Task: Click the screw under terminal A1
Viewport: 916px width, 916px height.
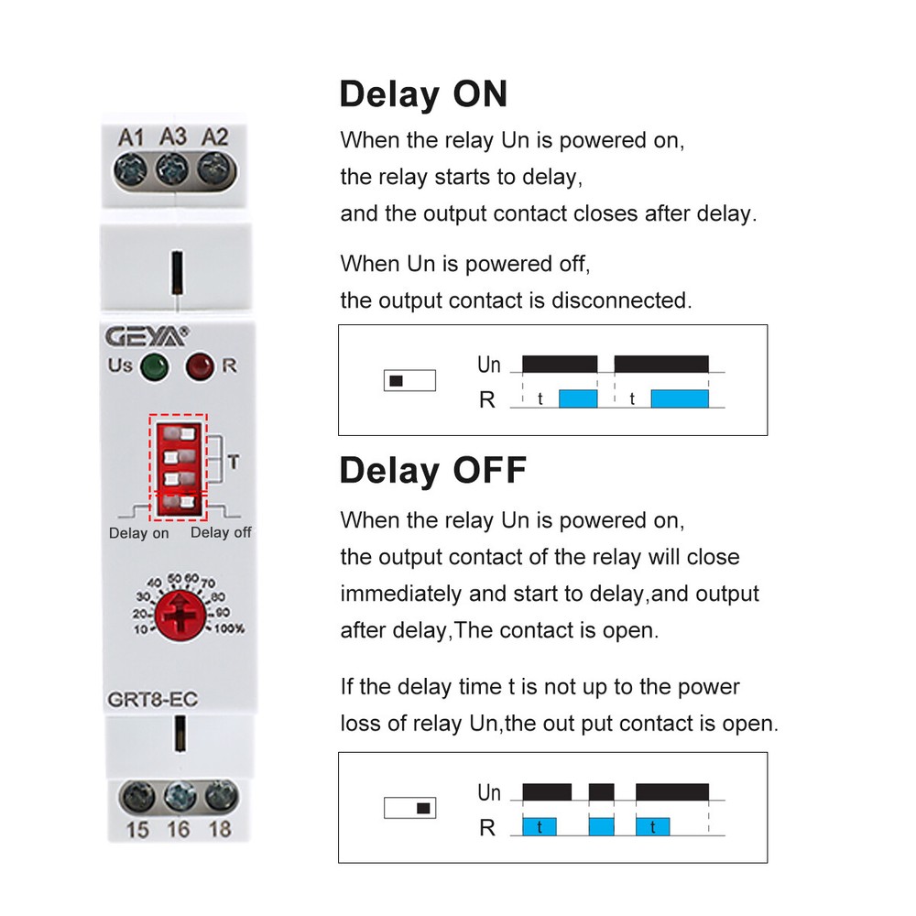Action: click(x=131, y=168)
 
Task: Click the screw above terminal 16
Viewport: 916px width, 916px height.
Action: click(x=180, y=795)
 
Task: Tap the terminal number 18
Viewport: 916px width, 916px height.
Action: click(x=220, y=831)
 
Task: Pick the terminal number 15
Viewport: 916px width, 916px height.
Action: click(x=137, y=831)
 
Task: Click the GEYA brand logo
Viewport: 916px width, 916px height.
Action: click(x=152, y=335)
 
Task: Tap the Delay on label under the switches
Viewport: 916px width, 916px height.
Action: click(x=138, y=533)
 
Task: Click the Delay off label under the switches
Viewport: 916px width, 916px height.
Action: click(x=220, y=532)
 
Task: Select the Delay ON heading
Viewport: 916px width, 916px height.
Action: click(x=422, y=94)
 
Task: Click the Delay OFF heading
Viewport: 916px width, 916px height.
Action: click(x=432, y=470)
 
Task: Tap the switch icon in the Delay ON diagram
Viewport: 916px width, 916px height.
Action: click(x=409, y=381)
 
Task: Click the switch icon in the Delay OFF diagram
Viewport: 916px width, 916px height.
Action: click(x=409, y=808)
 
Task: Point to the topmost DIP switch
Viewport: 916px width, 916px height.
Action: click(x=179, y=431)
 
